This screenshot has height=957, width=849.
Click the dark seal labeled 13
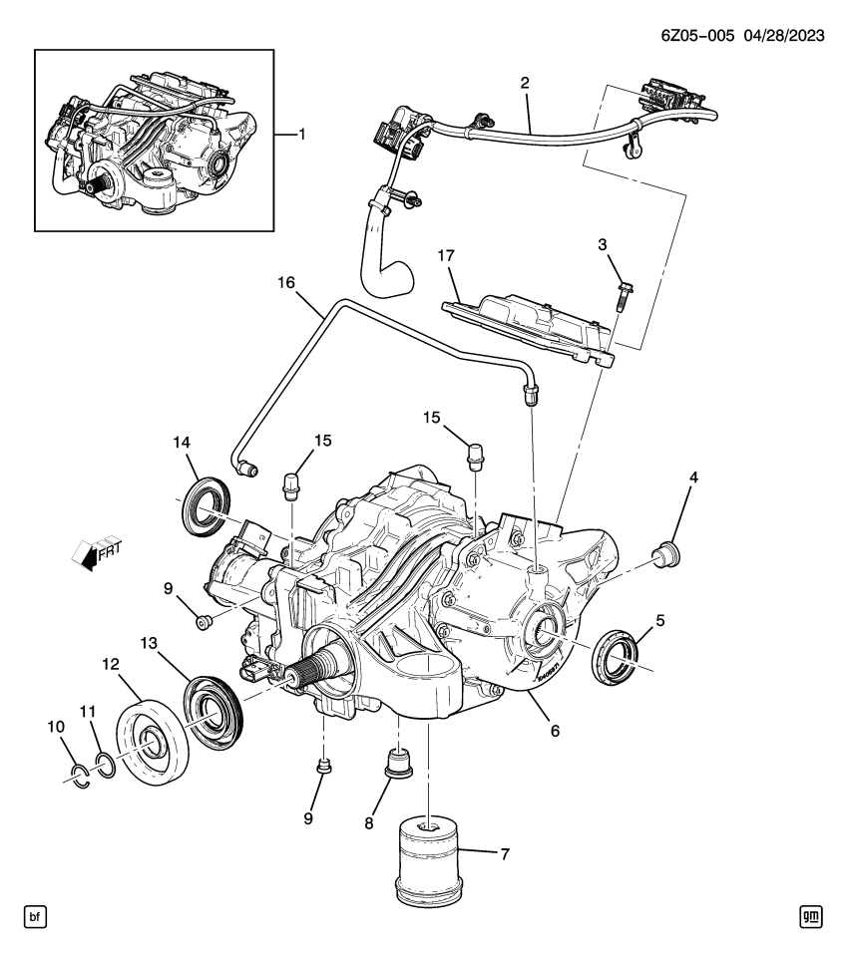pyautogui.click(x=212, y=709)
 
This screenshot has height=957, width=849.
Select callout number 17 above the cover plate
pyautogui.click(x=445, y=255)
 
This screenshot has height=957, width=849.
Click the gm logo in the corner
pyautogui.click(x=811, y=915)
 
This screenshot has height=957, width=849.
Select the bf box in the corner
pyautogui.click(x=37, y=915)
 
